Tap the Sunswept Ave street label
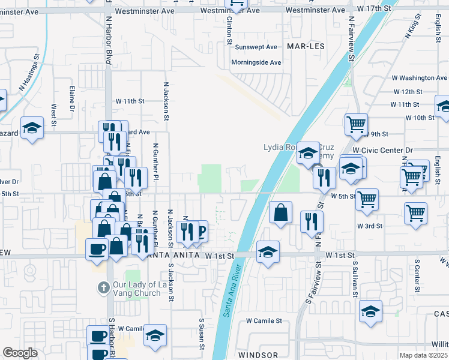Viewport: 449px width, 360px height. point(256,47)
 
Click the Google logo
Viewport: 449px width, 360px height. point(20,353)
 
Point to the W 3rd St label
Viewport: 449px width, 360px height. point(370,226)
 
